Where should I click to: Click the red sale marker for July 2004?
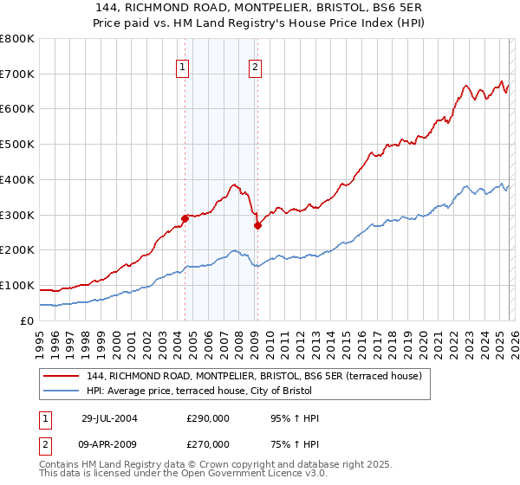[185, 218]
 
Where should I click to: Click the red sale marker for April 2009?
[257, 225]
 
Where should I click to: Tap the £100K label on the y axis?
[17, 285]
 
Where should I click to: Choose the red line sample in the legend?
[62, 376]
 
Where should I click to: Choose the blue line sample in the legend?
[62, 391]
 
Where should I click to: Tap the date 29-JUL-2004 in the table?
[109, 418]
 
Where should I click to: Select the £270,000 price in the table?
[208, 443]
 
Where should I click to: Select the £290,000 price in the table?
[208, 418]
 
